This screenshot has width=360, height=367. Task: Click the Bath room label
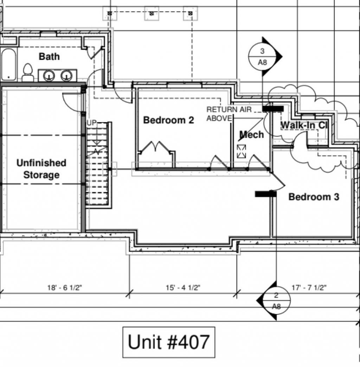coord(49,57)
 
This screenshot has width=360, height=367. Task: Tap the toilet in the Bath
coord(28,72)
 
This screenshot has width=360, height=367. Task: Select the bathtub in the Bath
coord(8,64)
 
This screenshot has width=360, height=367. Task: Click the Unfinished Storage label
coord(41,169)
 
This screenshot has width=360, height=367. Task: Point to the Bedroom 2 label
coord(168,120)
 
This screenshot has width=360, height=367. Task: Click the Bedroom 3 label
coord(314,197)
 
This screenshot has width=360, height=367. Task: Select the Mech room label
coord(252,135)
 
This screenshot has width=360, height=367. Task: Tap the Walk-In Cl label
coord(304,125)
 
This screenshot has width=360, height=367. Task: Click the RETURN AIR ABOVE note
coord(229,114)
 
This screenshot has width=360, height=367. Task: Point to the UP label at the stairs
coord(91,123)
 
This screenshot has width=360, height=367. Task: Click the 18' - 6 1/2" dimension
coord(65,288)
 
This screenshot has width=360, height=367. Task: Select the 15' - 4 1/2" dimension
coord(183,288)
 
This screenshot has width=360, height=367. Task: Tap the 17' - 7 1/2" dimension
coord(309,288)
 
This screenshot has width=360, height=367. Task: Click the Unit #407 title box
coord(169,342)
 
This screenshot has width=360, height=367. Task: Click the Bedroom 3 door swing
coord(278,182)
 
